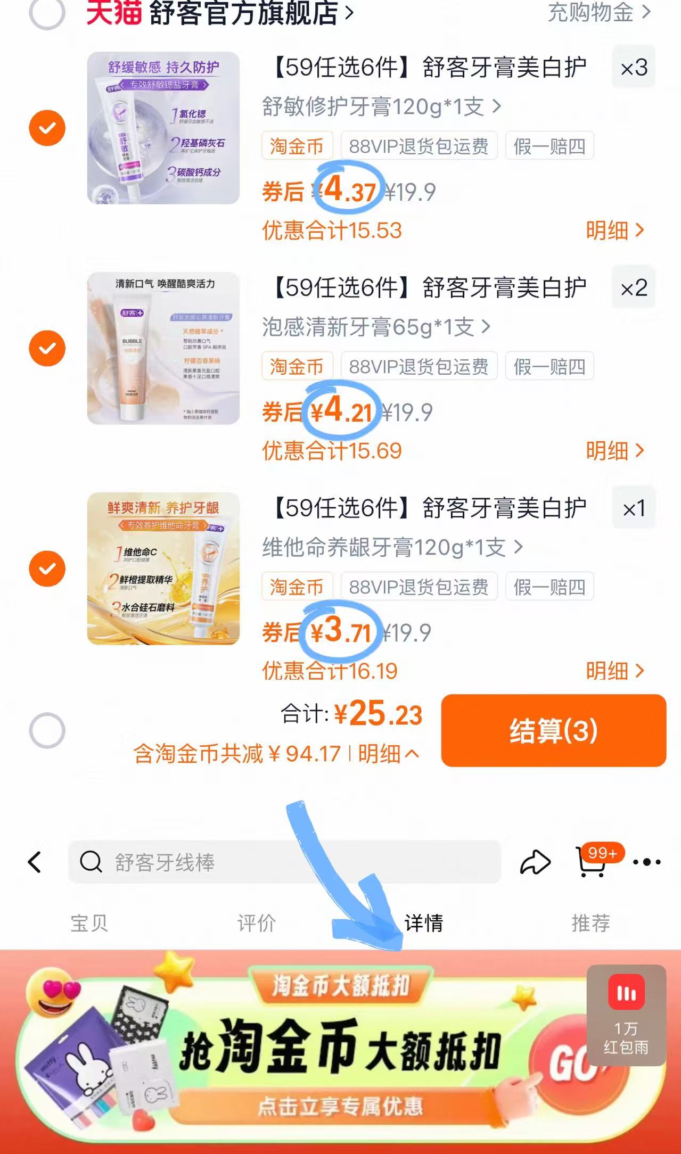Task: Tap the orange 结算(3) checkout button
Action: pyautogui.click(x=553, y=730)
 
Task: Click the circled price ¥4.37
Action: pyautogui.click(x=349, y=190)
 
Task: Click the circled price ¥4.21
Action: pyautogui.click(x=342, y=410)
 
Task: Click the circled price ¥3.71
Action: pyautogui.click(x=341, y=631)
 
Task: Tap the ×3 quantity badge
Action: pyautogui.click(x=634, y=68)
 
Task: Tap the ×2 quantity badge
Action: pyautogui.click(x=634, y=288)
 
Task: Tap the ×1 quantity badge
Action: pyautogui.click(x=634, y=508)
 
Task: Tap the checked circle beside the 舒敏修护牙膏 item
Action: pyautogui.click(x=47, y=128)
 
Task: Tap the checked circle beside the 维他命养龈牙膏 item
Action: pyautogui.click(x=47, y=568)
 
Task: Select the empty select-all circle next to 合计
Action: pyautogui.click(x=47, y=730)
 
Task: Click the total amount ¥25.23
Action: pyautogui.click(x=378, y=714)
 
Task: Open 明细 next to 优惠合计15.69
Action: pyautogui.click(x=614, y=451)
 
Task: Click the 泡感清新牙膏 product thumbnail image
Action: pyautogui.click(x=163, y=348)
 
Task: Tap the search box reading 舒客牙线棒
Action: pyautogui.click(x=284, y=862)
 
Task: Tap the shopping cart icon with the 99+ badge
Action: pyautogui.click(x=592, y=862)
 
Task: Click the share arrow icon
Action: pyautogui.click(x=535, y=862)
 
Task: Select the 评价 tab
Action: pyautogui.click(x=257, y=923)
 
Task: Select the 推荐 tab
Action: pyautogui.click(x=590, y=923)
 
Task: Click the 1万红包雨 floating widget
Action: pyautogui.click(x=626, y=1015)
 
